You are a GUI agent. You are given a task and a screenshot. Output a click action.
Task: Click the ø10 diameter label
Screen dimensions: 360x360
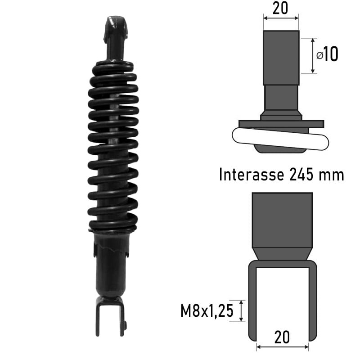[x=328, y=55]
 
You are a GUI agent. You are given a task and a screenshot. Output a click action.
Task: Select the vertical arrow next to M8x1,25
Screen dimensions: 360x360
[x=242, y=311]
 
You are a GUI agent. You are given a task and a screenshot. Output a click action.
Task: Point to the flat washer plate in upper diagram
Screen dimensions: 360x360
[x=281, y=123]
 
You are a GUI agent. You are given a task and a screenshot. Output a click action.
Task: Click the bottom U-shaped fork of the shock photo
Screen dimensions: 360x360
[x=109, y=317]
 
